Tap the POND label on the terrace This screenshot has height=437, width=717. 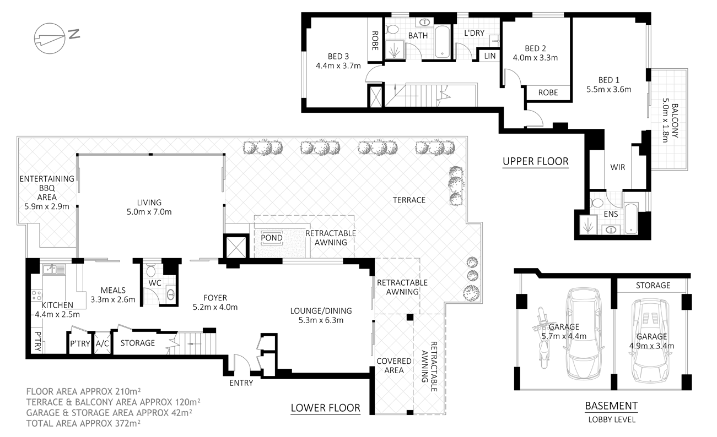pyautogui.click(x=272, y=238)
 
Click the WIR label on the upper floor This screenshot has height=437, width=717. pyautogui.click(x=617, y=167)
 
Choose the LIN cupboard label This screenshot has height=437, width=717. pyautogui.click(x=489, y=56)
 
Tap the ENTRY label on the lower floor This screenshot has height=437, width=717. pyautogui.click(x=240, y=383)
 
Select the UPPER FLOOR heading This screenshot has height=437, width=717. pyautogui.click(x=535, y=161)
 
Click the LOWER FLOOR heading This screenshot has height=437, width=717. pyautogui.click(x=325, y=408)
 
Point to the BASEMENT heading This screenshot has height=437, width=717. pyautogui.click(x=611, y=406)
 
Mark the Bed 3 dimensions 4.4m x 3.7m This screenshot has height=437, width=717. pyautogui.click(x=338, y=65)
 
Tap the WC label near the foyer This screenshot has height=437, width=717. pyautogui.click(x=154, y=283)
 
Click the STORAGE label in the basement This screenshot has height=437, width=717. pyautogui.click(x=653, y=285)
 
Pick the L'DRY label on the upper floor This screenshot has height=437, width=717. pyautogui.click(x=474, y=33)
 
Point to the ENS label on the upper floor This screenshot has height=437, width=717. pyautogui.click(x=610, y=213)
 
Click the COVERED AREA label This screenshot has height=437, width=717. pyautogui.click(x=394, y=365)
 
